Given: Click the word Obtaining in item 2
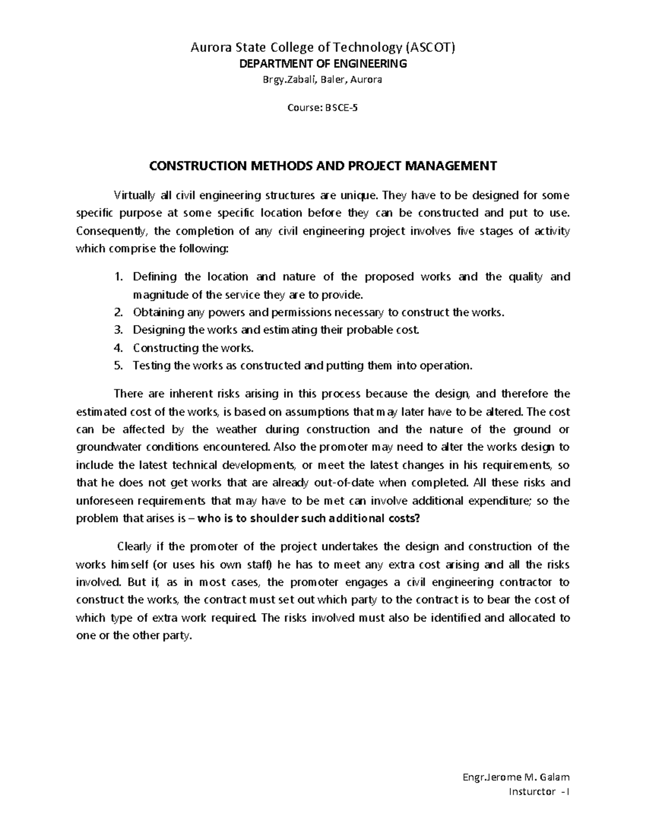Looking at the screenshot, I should tap(158, 312).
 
